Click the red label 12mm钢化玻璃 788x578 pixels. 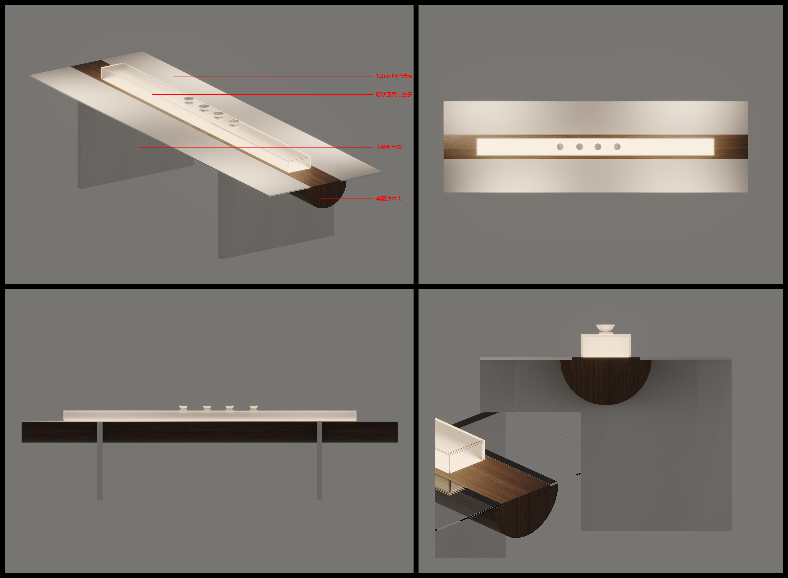point(394,76)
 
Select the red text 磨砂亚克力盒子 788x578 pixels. point(394,94)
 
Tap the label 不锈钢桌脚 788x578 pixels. point(388,147)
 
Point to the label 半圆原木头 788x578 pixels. point(388,199)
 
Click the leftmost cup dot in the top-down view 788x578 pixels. point(560,147)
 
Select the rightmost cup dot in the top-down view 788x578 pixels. point(617,147)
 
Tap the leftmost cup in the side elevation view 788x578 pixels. point(183,408)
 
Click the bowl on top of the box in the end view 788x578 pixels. point(606,328)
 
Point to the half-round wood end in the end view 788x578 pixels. point(606,380)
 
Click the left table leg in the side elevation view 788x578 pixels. point(100,461)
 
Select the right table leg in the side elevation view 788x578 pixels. point(319,461)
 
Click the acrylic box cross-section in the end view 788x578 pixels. point(606,346)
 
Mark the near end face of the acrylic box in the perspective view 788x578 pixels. point(300,165)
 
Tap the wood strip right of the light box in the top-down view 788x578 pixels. point(731,147)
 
